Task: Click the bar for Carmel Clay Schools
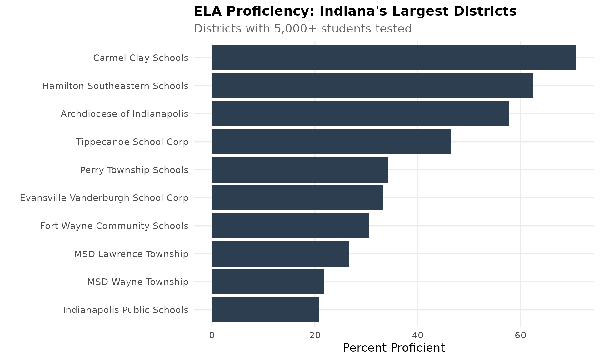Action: tap(394, 57)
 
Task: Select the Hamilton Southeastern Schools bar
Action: tap(372, 86)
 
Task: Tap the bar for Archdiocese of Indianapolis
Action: tap(360, 114)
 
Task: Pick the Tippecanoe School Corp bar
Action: tap(331, 142)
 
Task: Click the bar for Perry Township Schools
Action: tap(300, 170)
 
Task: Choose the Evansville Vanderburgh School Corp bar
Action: tap(297, 198)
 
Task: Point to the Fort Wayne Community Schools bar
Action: tap(290, 226)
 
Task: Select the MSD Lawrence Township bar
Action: tap(280, 254)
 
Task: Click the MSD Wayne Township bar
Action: tap(268, 282)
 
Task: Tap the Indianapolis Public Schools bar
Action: tap(265, 310)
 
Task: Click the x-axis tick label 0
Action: tap(212, 336)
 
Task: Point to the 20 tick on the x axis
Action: tap(315, 336)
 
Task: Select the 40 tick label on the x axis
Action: tap(417, 336)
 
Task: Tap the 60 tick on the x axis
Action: tap(520, 336)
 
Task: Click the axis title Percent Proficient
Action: tap(394, 348)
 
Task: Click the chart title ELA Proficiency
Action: tap(355, 12)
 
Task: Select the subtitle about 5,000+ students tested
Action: tap(302, 29)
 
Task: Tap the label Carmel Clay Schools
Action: tap(141, 58)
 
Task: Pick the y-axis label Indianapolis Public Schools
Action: tap(126, 310)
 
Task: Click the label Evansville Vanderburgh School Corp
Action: tap(104, 198)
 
